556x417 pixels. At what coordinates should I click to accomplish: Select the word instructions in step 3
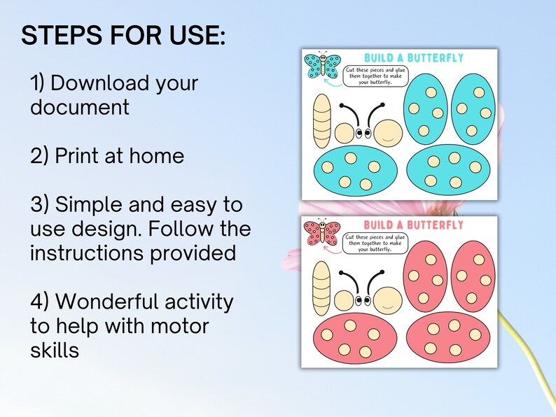(x=88, y=253)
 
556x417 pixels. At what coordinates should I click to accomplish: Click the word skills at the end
(x=54, y=350)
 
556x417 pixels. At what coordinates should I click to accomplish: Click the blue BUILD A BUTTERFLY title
(x=414, y=57)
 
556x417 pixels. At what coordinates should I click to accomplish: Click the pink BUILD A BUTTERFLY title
(x=414, y=225)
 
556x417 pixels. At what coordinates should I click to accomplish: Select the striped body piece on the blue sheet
(x=321, y=121)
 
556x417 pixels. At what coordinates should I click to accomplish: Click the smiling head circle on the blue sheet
(x=388, y=132)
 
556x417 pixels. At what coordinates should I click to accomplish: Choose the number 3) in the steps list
(x=40, y=205)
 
